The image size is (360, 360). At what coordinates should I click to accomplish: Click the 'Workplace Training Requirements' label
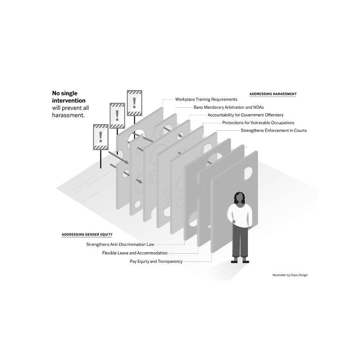(206, 99)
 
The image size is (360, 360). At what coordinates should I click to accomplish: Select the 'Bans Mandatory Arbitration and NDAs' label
(229, 107)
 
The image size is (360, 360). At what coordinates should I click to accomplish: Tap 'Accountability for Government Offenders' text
(245, 115)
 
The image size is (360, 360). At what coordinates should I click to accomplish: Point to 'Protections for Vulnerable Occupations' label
(258, 123)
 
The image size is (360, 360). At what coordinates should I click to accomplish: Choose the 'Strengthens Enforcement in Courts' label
(274, 131)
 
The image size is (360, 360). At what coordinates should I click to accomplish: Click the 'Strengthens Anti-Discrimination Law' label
(120, 245)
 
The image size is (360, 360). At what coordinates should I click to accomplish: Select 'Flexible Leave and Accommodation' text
(135, 253)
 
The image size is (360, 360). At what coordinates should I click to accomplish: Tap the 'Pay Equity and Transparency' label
(156, 261)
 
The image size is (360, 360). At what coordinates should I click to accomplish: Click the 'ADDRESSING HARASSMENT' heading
(273, 94)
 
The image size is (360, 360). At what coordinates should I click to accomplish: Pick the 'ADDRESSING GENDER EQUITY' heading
(87, 234)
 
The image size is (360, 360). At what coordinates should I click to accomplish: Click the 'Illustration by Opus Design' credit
(290, 275)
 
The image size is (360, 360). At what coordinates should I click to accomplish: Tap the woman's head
(240, 198)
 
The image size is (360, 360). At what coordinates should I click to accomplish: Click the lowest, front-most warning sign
(101, 137)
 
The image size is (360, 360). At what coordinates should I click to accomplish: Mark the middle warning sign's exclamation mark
(117, 115)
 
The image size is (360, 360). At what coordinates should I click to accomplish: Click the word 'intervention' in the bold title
(69, 101)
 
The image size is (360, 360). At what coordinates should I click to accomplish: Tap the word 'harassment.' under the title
(68, 115)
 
